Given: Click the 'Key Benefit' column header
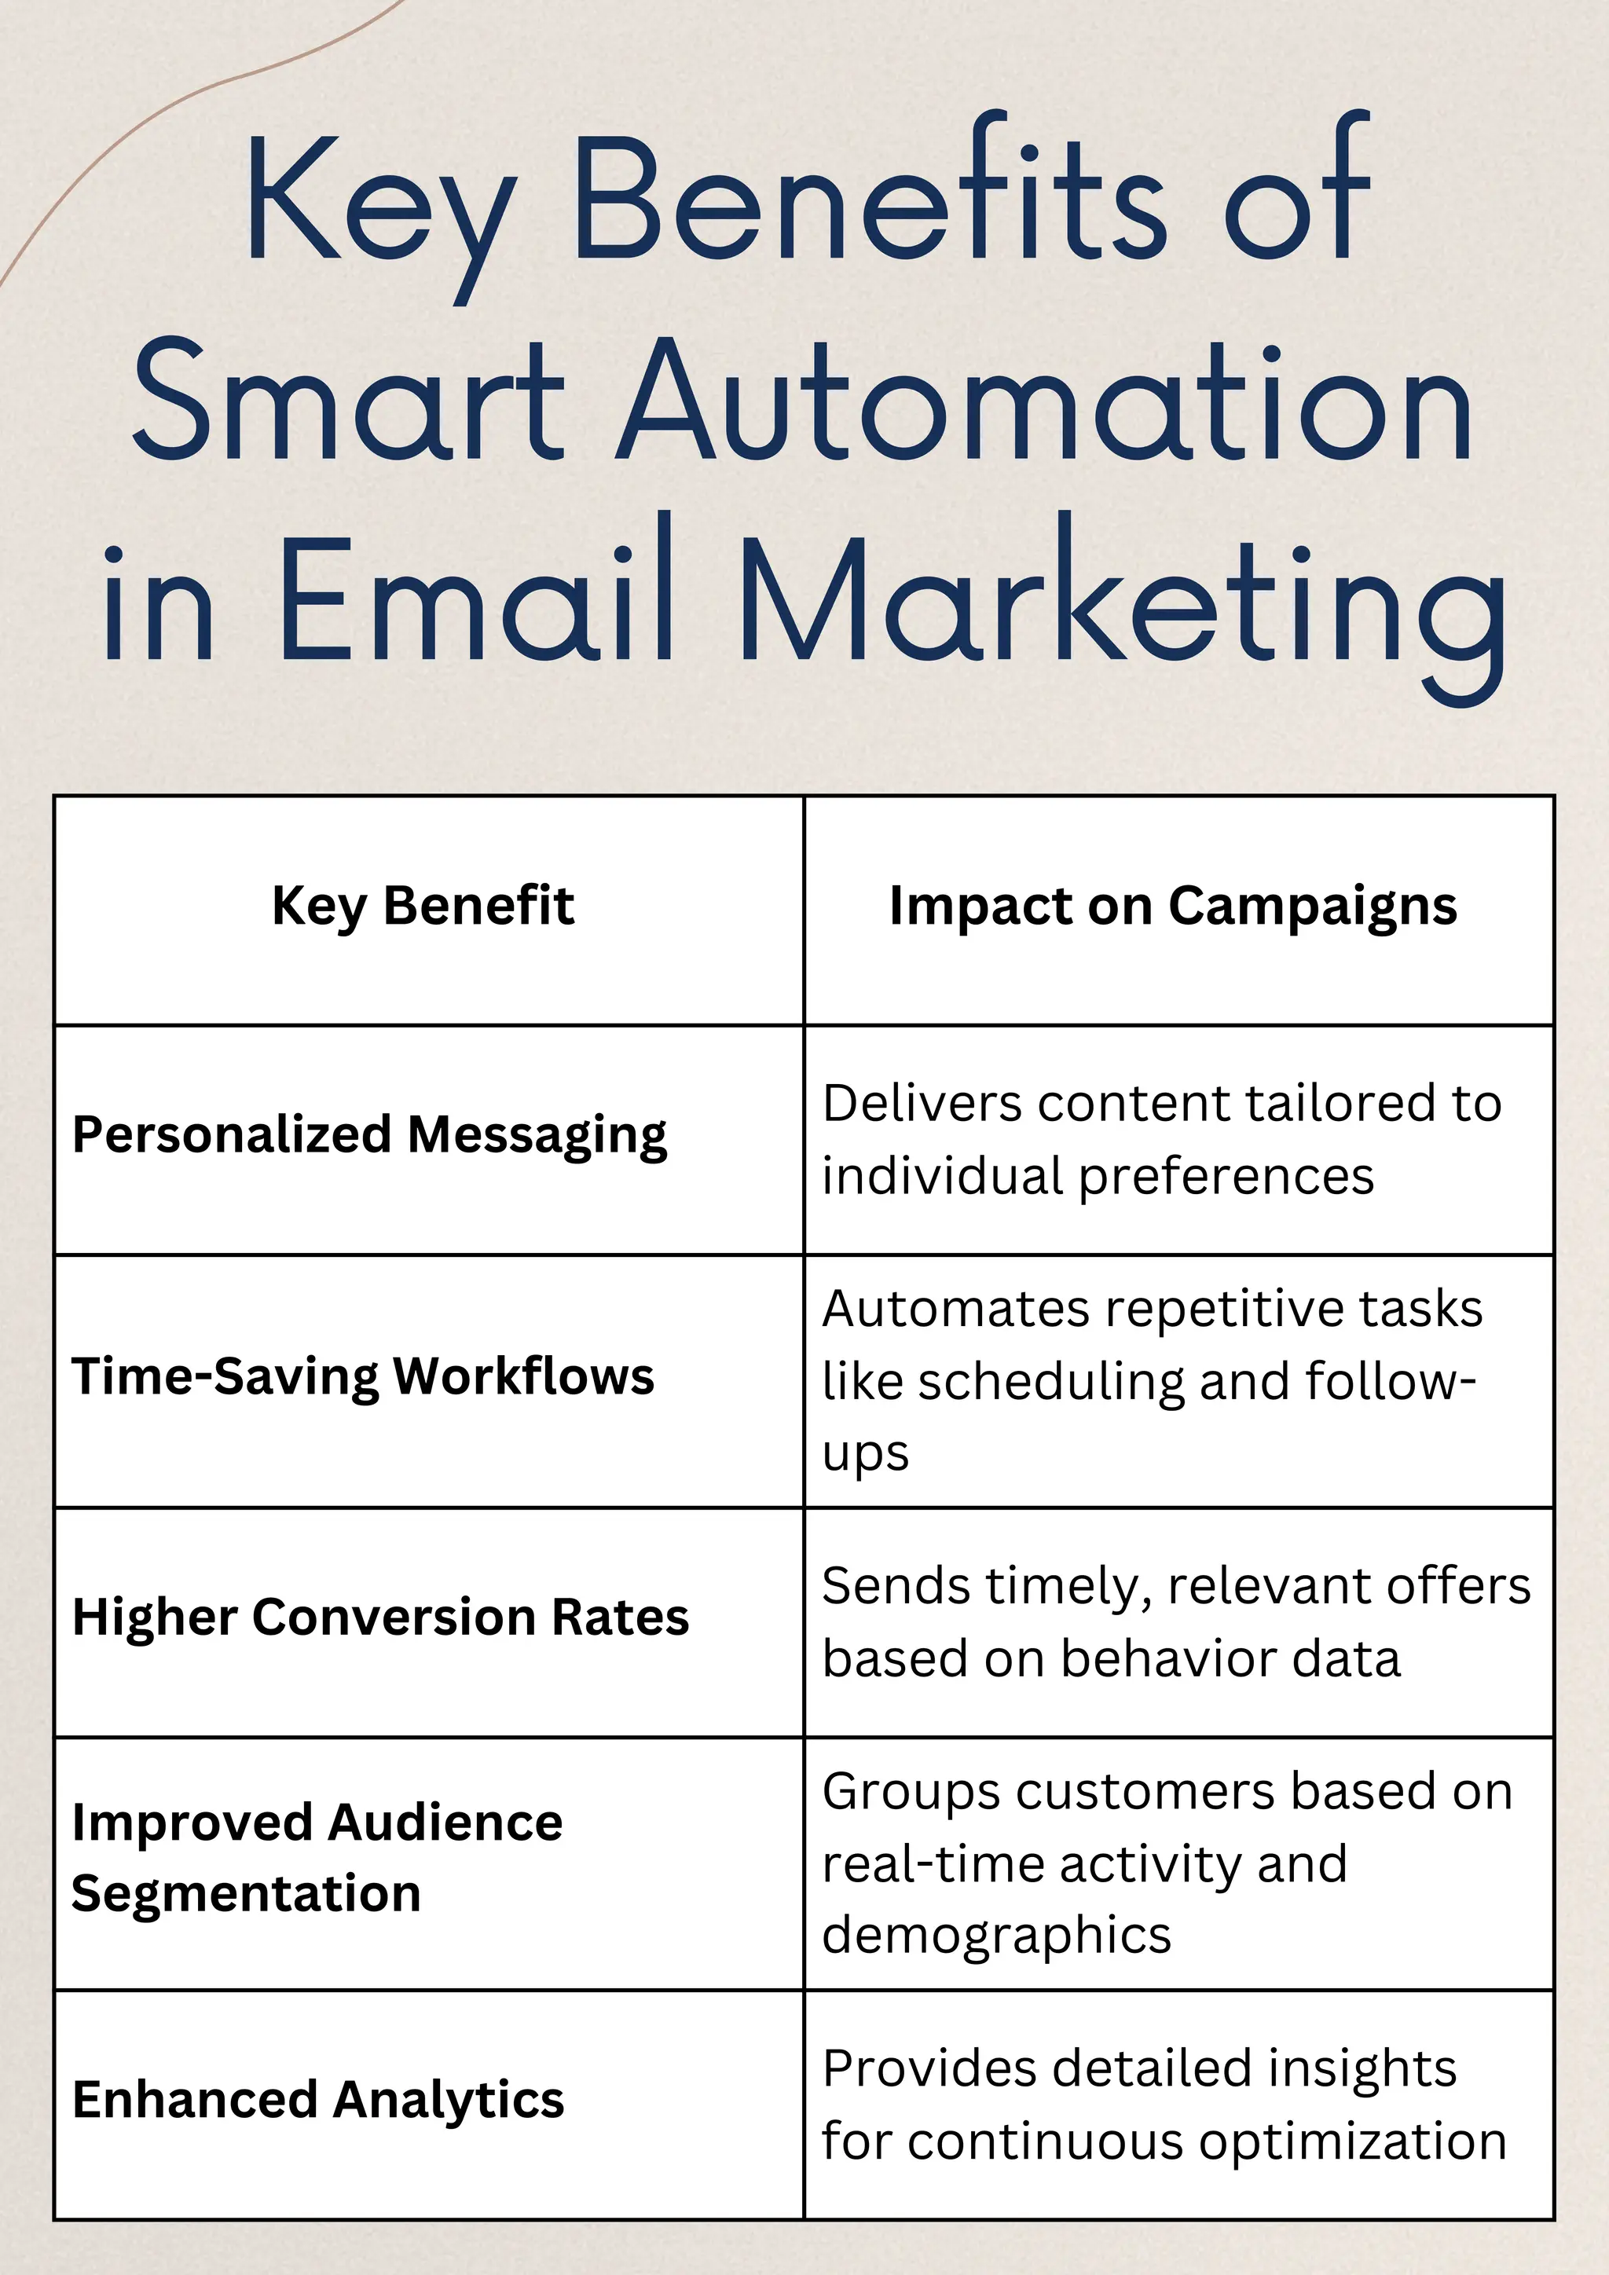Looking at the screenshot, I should coord(423,906).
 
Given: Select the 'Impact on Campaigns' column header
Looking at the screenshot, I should coord(1173,906).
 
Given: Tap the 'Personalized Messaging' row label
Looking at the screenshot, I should coord(369,1134).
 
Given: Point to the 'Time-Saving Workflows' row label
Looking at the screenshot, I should coord(363,1376).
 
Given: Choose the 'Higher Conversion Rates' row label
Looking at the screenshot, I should coord(380,1617).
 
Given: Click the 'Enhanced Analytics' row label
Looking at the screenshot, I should coord(318,2100).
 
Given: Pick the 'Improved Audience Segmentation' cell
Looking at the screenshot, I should coord(317,1858).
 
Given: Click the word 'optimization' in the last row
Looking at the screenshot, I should coord(1352,2141).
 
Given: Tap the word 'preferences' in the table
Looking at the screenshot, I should coord(1226,1177).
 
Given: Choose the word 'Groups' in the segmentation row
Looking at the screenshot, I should coord(911,1793).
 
